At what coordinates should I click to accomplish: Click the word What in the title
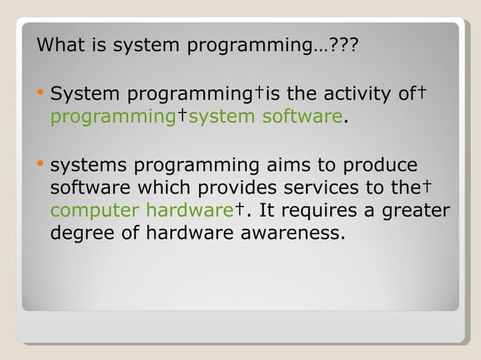click(x=61, y=46)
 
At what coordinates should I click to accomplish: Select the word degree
click(x=82, y=234)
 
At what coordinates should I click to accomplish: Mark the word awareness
click(x=293, y=233)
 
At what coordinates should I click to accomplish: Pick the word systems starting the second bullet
click(x=84, y=166)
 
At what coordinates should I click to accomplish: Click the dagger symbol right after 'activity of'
click(x=423, y=92)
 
